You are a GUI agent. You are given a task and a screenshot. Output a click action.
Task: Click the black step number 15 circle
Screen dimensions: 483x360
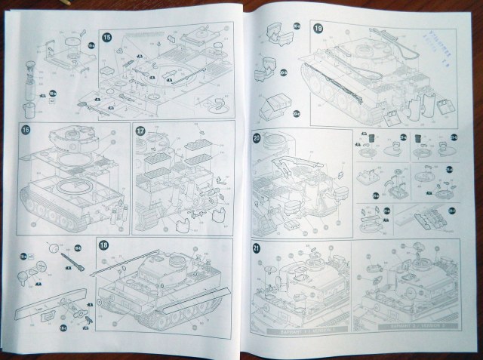107,38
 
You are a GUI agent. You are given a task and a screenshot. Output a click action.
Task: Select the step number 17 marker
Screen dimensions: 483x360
140,130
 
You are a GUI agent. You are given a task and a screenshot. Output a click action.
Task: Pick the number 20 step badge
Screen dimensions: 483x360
257,138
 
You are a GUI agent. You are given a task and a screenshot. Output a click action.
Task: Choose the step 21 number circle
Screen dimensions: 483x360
257,249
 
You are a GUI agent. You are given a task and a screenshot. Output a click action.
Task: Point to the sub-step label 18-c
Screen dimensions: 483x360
63,326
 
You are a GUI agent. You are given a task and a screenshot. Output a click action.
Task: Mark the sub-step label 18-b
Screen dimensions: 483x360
24,257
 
